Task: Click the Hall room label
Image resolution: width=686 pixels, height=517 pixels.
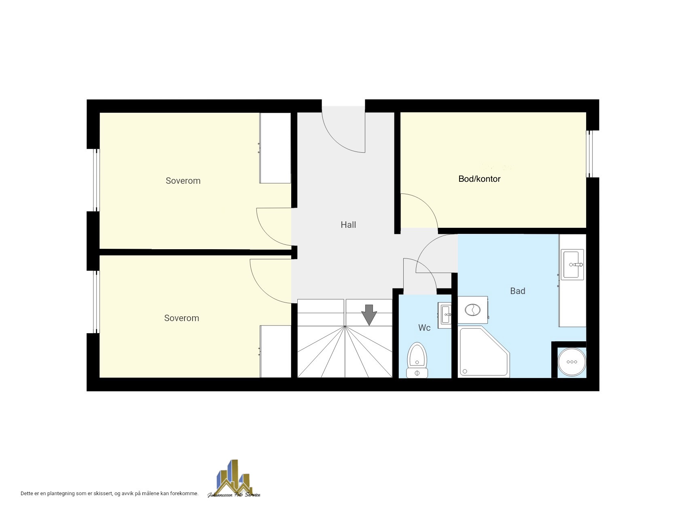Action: click(348, 225)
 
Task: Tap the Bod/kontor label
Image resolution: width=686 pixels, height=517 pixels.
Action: click(479, 179)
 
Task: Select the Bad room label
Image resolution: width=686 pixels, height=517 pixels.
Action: click(518, 291)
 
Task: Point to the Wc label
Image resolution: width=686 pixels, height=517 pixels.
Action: click(424, 328)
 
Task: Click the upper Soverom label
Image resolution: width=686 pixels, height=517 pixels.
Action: click(183, 181)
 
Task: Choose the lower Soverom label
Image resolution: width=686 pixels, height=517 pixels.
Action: click(182, 318)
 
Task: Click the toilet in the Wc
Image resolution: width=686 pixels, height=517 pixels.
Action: click(417, 360)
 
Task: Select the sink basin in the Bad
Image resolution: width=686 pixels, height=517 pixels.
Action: click(572, 265)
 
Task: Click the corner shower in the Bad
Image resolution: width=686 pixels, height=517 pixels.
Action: click(484, 352)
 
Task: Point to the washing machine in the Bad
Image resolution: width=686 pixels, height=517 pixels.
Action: click(472, 310)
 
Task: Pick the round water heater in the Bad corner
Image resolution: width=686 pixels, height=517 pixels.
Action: click(572, 362)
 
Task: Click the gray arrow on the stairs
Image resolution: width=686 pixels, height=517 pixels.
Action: click(369, 315)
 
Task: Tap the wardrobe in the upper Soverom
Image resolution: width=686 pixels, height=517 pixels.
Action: click(275, 148)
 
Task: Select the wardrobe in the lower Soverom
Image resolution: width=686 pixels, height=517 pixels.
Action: click(275, 351)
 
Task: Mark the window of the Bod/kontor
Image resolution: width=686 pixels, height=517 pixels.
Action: click(590, 154)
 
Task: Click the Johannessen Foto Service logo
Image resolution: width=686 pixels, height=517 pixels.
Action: click(234, 479)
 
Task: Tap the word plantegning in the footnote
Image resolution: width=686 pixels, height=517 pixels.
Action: click(61, 494)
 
